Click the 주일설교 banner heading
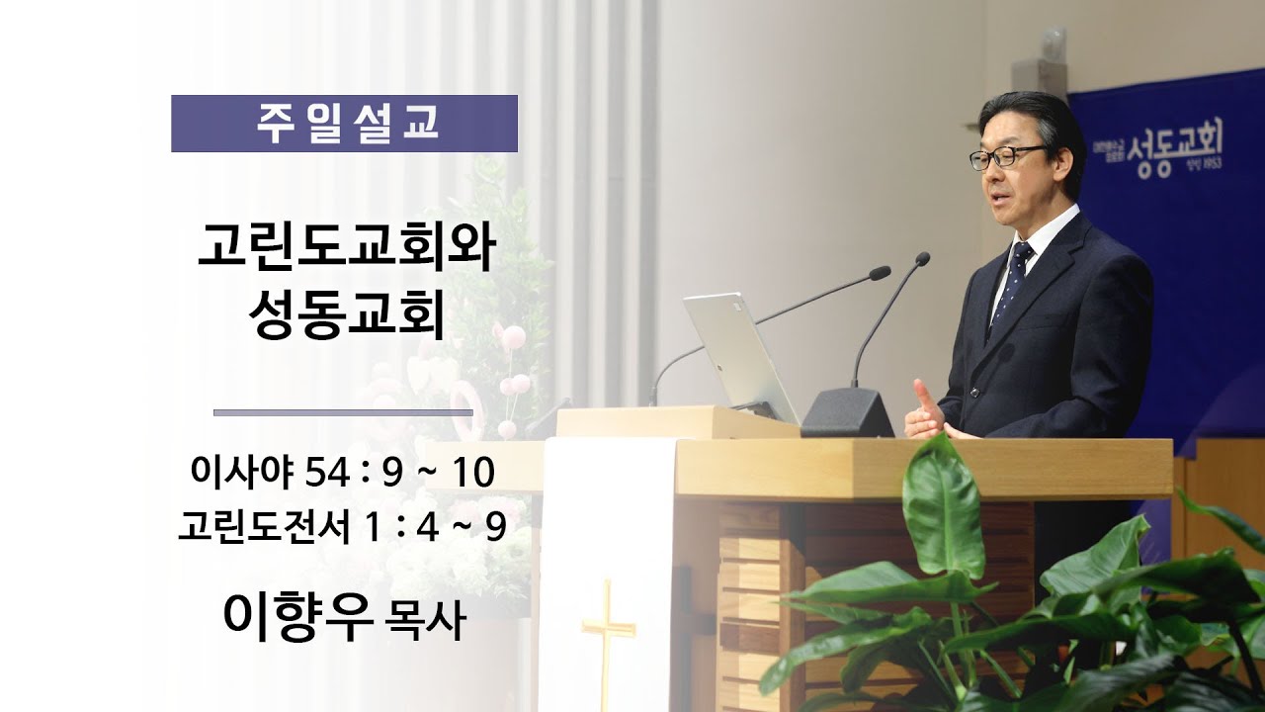344,124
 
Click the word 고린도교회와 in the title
345,248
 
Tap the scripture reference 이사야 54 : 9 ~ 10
343,474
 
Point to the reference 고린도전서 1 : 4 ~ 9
342,526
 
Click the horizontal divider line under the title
343,412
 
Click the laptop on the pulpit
739,354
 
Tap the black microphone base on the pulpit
847,413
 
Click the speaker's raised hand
926,411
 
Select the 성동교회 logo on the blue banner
1171,156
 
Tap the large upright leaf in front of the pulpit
943,509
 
